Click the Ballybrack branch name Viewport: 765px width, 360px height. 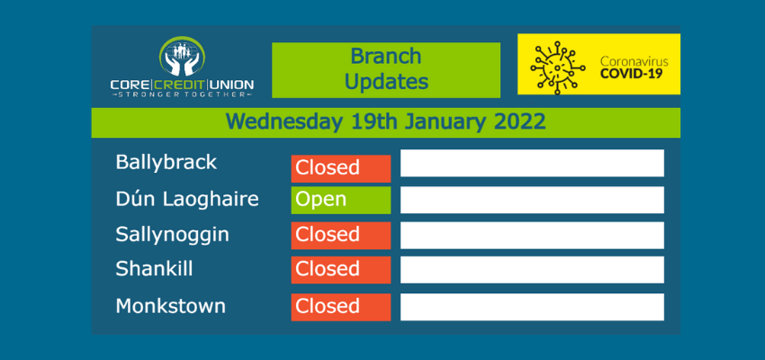tap(166, 162)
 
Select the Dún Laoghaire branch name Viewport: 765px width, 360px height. tap(187, 199)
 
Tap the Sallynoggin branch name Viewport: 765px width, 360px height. tap(172, 235)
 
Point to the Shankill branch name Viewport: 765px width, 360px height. tap(154, 269)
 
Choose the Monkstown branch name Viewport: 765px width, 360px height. tap(171, 306)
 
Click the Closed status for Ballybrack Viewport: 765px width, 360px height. tap(341, 168)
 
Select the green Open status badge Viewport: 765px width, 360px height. tap(341, 200)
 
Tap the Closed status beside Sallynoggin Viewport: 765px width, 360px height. tap(341, 236)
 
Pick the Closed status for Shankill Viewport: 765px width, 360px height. tap(341, 270)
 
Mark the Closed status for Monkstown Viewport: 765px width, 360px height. tap(341, 307)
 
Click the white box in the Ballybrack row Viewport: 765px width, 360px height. tap(532, 163)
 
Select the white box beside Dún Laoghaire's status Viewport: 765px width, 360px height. tap(532, 200)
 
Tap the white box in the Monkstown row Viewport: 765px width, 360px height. tap(532, 307)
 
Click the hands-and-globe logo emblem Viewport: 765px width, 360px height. tap(182, 56)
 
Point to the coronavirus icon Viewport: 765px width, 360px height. tap(558, 67)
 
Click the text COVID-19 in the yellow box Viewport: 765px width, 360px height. tap(634, 74)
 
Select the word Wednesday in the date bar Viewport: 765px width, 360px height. tap(284, 122)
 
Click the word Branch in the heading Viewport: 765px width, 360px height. tap(386, 56)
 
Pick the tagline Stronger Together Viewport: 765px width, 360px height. tap(182, 94)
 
